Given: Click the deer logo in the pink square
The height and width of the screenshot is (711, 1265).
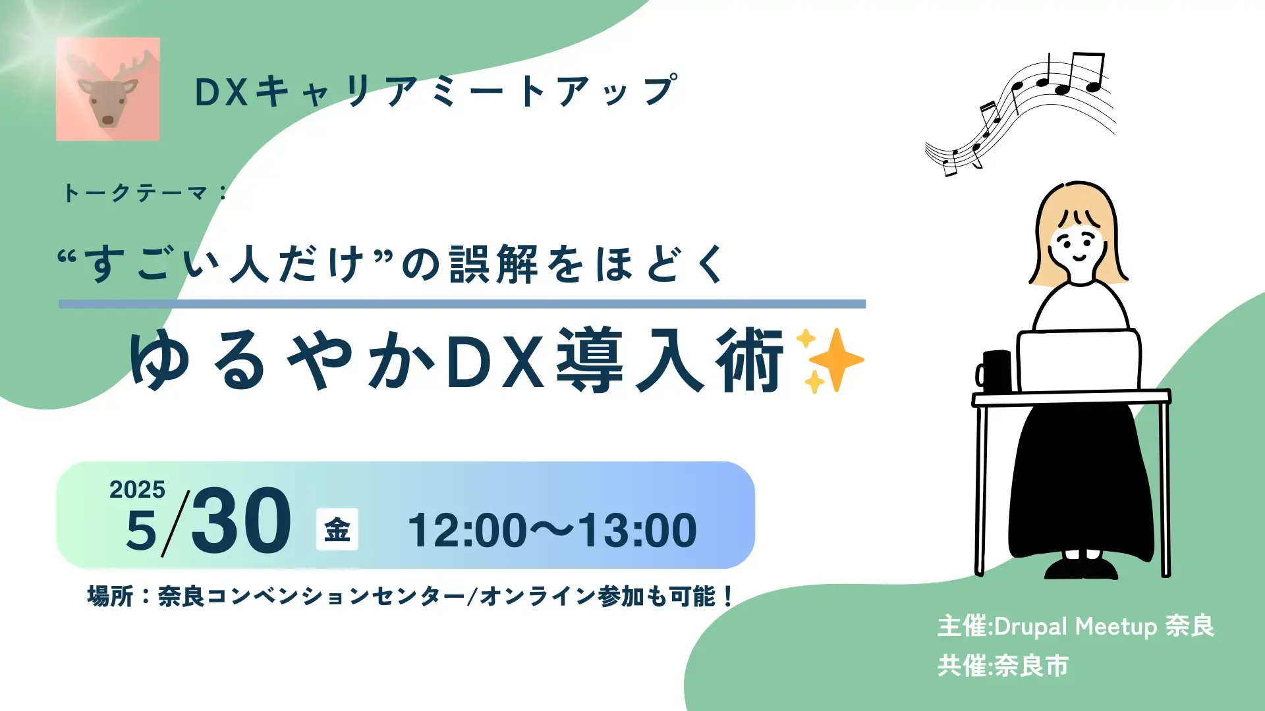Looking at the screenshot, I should click(108, 89).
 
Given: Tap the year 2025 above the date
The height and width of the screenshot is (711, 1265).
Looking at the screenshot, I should click(137, 490).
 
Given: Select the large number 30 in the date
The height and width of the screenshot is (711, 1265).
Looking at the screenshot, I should click(241, 521).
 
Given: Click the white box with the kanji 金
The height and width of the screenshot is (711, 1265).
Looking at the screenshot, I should click(337, 529).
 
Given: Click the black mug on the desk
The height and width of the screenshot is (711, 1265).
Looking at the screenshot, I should click(995, 371).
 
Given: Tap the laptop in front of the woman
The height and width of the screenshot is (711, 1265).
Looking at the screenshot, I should click(1078, 361).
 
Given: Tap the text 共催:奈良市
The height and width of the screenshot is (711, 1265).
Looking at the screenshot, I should click(1003, 666).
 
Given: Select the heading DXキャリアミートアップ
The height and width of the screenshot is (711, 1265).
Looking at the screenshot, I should click(435, 92).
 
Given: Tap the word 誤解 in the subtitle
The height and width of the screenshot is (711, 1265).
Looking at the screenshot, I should click(494, 264).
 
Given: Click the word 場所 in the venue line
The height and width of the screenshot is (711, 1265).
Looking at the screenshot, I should click(110, 596).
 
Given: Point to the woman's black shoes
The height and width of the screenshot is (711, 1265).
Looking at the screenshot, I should click(1081, 567).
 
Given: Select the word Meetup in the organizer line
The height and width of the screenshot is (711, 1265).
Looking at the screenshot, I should click(1115, 626).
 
